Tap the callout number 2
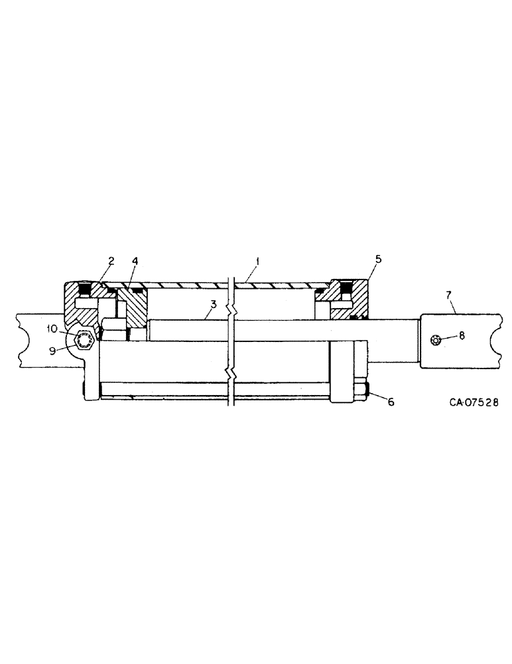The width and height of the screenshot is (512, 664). click(x=111, y=260)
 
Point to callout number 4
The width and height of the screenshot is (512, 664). click(x=135, y=260)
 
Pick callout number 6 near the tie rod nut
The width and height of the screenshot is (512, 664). click(x=391, y=402)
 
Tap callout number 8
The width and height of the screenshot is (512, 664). click(x=462, y=335)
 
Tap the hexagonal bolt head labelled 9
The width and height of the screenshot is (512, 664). click(x=84, y=340)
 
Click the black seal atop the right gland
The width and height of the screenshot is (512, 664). click(x=344, y=288)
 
